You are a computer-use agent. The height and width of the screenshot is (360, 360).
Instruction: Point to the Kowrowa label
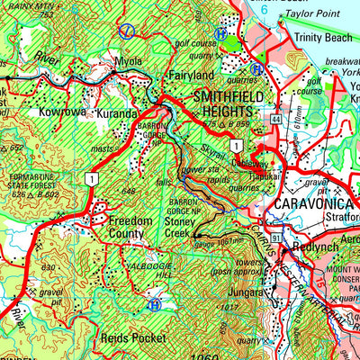click(62, 112)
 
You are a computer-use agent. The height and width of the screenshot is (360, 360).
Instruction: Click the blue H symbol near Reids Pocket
click(156, 306)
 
